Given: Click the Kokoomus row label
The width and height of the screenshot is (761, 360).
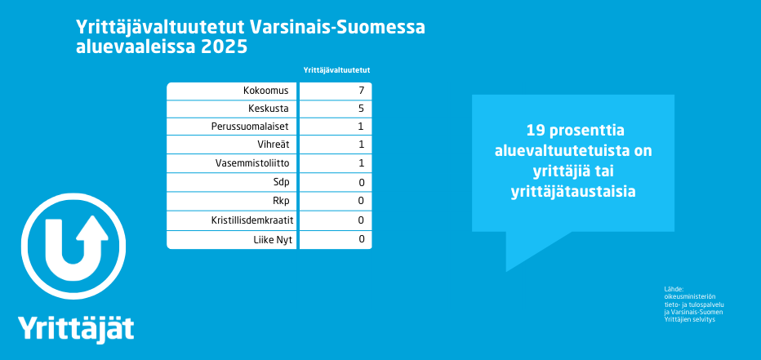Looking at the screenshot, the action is pos(266,91).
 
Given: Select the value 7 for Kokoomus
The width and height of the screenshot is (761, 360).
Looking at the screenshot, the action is pos(361,91).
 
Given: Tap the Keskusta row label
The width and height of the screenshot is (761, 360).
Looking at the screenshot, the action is pos(269,109).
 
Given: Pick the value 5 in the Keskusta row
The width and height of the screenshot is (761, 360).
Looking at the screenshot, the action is pos(361,109).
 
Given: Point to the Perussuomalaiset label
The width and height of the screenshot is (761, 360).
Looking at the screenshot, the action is pos(250,127).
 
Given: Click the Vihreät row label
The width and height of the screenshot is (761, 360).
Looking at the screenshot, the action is pos(274,144).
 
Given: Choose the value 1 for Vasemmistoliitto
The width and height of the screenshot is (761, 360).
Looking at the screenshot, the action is pos(361,163).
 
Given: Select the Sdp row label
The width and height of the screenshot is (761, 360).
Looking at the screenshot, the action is pos(281,183).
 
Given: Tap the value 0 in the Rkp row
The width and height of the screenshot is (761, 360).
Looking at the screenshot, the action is pos(361,201).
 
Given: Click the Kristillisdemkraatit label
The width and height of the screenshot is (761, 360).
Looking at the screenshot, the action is pos(252,220).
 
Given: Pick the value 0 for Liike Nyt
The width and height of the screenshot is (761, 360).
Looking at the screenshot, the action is pos(361,238).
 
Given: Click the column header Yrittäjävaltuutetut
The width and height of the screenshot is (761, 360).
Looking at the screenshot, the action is pos(337,70).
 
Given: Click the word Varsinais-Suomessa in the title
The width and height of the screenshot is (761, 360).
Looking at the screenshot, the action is pos(338,28).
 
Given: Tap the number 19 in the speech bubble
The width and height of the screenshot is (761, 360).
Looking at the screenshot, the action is pos(536,131).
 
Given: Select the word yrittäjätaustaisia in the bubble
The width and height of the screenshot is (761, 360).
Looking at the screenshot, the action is pos(573,192).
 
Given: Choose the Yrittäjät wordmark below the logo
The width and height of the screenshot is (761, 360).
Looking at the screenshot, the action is pos(76,329).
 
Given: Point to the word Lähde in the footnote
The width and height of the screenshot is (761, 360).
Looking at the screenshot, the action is pos(674,289).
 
